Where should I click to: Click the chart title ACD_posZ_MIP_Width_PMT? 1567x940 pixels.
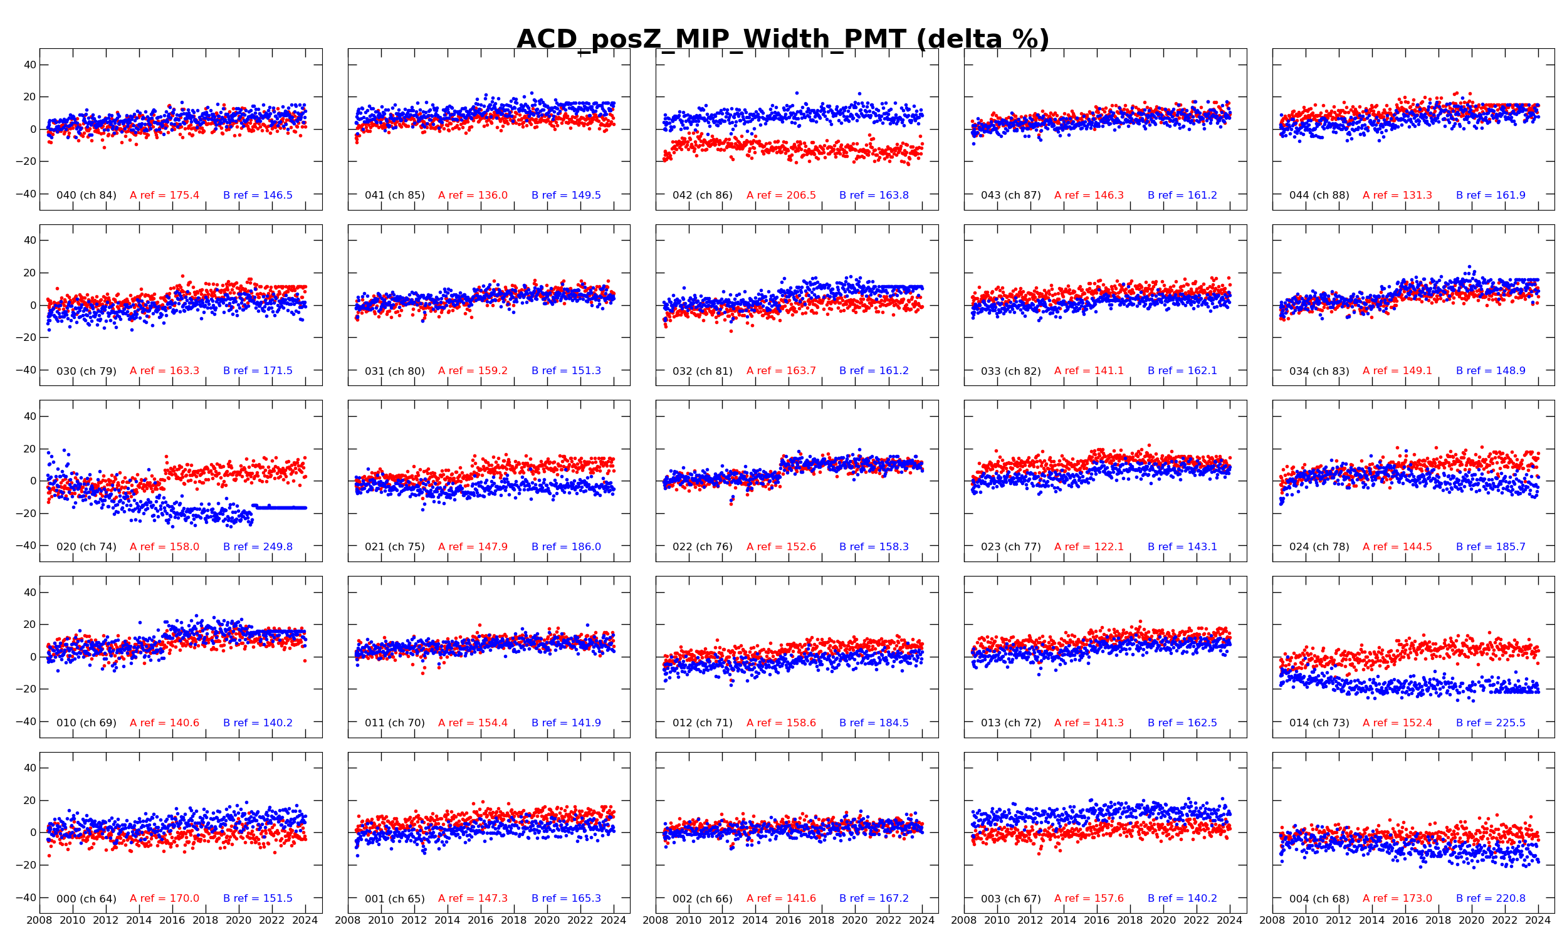point(783,39)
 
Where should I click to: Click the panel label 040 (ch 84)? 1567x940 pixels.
point(86,195)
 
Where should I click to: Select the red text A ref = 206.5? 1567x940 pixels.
point(781,195)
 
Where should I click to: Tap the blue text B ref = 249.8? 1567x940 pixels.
point(258,546)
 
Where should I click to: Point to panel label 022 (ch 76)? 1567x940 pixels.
point(703,546)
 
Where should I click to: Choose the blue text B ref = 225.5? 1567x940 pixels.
point(1491,723)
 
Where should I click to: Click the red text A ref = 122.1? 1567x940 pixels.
point(1089,546)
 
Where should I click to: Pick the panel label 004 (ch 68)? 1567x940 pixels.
point(1319,898)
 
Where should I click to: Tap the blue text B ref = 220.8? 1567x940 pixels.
point(1491,898)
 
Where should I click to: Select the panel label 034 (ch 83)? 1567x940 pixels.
point(1319,370)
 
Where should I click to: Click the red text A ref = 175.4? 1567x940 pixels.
point(165,195)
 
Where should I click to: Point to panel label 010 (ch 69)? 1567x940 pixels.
point(86,723)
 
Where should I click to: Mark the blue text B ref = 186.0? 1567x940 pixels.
point(566,546)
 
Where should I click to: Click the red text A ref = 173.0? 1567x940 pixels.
point(1397,898)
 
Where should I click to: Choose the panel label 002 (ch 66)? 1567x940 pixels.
point(703,898)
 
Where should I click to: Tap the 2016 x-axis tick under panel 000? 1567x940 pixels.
point(172,921)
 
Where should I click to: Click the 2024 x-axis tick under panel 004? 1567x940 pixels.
point(1538,921)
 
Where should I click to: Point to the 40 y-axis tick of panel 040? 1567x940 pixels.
point(29,65)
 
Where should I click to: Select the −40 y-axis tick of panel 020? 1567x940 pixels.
point(25,545)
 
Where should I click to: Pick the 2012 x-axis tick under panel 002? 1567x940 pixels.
point(722,921)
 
